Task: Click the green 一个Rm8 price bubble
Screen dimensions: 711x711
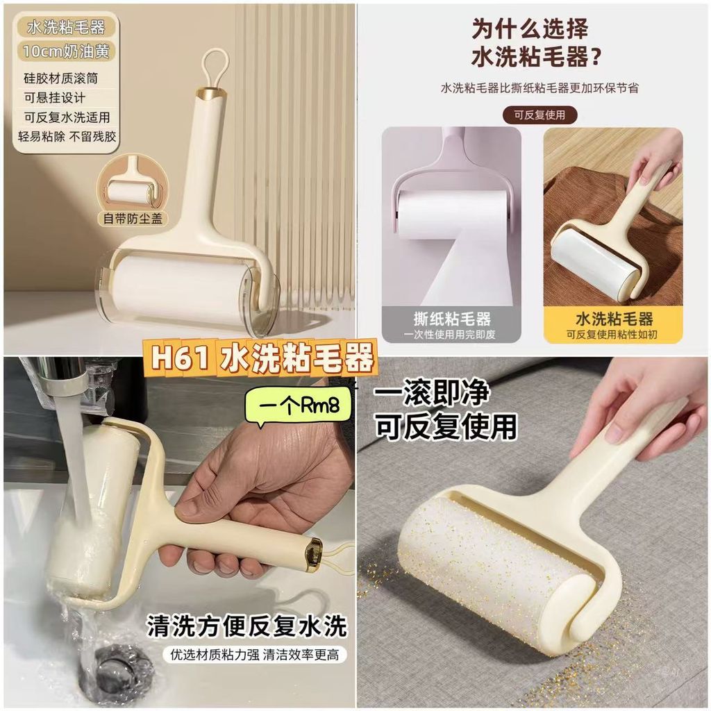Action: click(299, 405)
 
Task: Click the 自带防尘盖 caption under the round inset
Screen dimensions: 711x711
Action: click(132, 219)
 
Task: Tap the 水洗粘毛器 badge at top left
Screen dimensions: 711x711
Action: click(66, 27)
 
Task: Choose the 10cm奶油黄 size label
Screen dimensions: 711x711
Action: click(66, 51)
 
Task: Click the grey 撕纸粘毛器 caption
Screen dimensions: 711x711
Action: click(451, 325)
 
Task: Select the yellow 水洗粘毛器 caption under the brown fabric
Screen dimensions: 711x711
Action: click(613, 325)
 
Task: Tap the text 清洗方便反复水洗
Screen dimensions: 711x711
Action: click(246, 626)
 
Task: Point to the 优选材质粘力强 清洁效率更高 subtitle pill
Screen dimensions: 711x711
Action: click(254, 655)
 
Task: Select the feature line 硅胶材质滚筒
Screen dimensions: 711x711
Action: click(61, 78)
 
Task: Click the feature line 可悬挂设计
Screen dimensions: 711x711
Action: click(54, 97)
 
